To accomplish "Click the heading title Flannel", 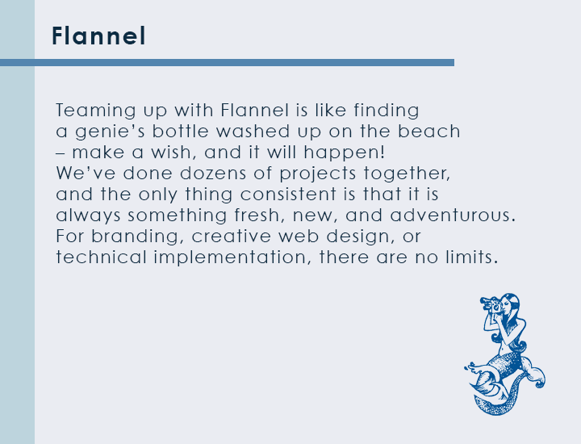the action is pos(98,36).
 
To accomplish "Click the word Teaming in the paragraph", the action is pos(96,111).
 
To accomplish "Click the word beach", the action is pos(428,132).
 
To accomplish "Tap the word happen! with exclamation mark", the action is pos(345,153).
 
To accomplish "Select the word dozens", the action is pos(213,174).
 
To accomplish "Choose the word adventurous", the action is pos(453,216).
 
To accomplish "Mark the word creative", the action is pos(231,237).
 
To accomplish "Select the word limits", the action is pos(471,258).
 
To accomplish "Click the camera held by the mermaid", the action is pos(491,304).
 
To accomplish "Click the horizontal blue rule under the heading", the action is pos(227,63).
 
